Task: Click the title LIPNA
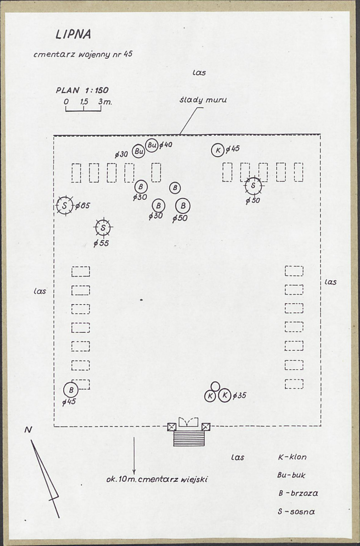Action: click(73, 34)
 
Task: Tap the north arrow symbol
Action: click(45, 479)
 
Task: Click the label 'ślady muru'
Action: click(203, 100)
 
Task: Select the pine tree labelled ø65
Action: click(65, 206)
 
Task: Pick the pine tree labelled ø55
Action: click(103, 228)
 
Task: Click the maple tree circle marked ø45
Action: click(218, 150)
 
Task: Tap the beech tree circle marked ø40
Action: click(152, 145)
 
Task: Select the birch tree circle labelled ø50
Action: click(183, 206)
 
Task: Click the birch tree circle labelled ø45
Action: click(71, 390)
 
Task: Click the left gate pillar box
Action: click(172, 427)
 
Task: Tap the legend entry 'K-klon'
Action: click(292, 457)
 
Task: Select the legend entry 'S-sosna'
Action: click(296, 511)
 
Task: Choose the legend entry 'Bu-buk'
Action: click(291, 475)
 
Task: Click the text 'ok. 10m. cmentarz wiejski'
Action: click(157, 479)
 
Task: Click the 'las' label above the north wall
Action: click(199, 73)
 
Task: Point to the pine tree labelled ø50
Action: click(253, 185)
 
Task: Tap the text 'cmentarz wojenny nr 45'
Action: click(83, 55)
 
